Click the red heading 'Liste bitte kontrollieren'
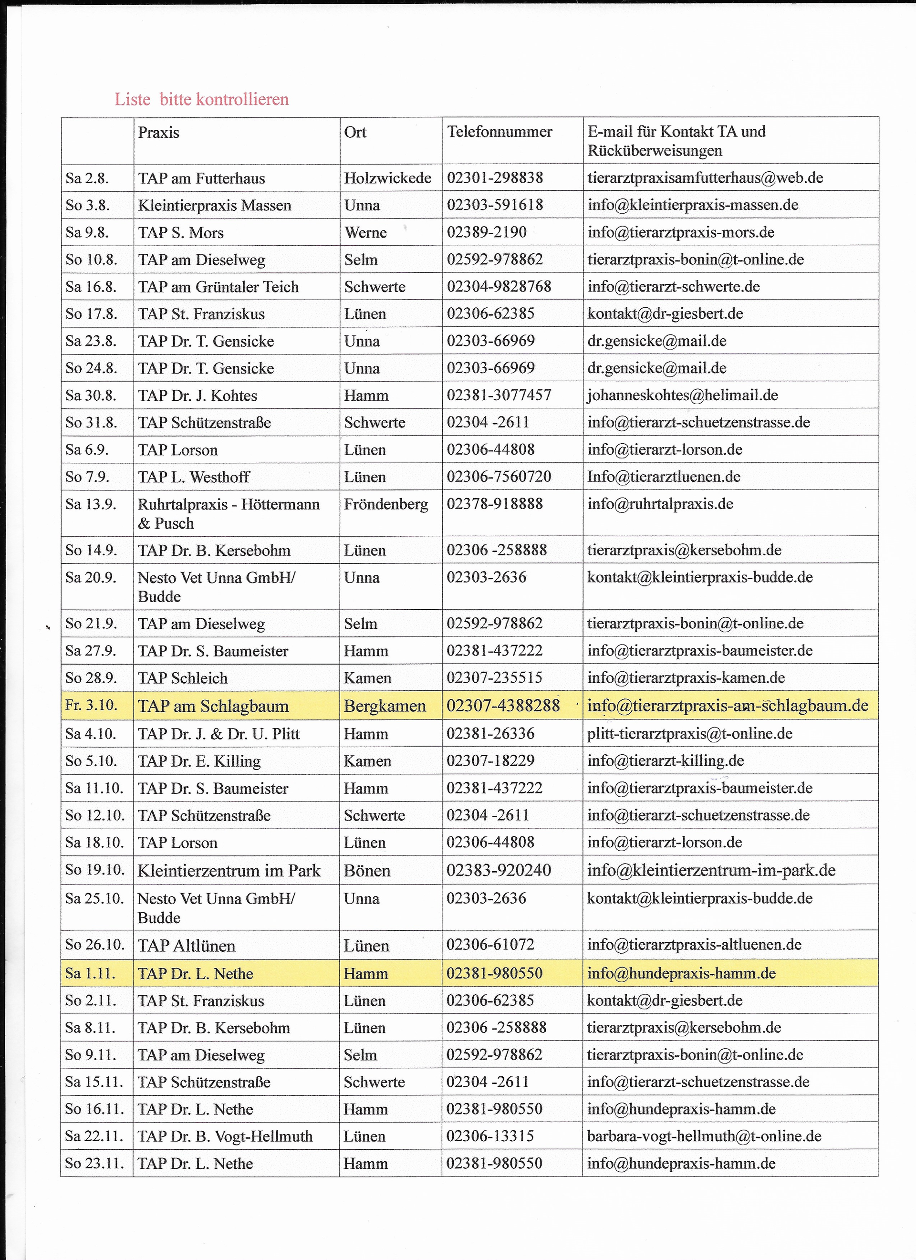coord(202,99)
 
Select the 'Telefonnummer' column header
coord(500,132)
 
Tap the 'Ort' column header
coord(355,132)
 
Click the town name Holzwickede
coord(387,178)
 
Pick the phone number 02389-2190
coord(487,232)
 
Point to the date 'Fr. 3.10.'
coord(91,705)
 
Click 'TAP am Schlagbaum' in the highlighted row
coord(213,706)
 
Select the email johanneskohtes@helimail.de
coord(683,395)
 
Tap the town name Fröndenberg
coord(386,504)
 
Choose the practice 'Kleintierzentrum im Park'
coord(229,870)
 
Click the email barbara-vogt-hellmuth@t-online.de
coord(704,1136)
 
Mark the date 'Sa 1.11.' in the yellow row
coord(90,973)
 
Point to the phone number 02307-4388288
coord(503,706)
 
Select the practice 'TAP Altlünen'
coord(187,946)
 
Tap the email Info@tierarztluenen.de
coord(664,477)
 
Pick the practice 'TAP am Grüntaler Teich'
coord(219,287)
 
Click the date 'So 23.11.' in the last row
coord(94,1163)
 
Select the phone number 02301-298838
coord(495,178)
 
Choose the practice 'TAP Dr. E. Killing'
coord(199,760)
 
